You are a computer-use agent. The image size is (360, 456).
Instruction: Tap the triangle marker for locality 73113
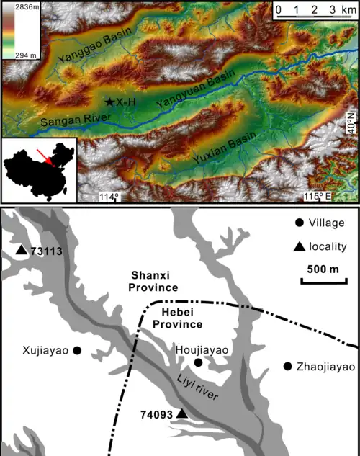[x=22, y=251]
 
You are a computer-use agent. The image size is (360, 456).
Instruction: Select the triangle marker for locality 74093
[x=182, y=413]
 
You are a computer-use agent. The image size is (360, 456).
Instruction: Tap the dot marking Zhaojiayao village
[x=288, y=366]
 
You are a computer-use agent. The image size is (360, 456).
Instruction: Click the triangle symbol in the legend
[x=298, y=247]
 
